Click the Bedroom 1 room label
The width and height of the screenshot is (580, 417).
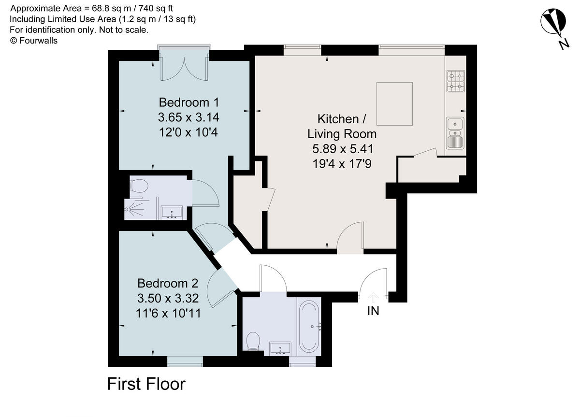(x=189, y=102)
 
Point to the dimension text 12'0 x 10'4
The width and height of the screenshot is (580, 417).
(x=188, y=132)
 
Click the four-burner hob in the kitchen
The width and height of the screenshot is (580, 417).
(x=456, y=81)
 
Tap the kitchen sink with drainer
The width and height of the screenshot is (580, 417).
(x=455, y=132)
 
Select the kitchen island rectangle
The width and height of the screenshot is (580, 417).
(x=394, y=104)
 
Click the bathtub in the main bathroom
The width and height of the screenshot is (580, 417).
(x=309, y=326)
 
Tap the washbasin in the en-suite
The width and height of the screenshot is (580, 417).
(x=172, y=212)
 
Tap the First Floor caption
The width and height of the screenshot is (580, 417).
(x=146, y=384)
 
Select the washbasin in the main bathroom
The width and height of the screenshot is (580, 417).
(x=280, y=347)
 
